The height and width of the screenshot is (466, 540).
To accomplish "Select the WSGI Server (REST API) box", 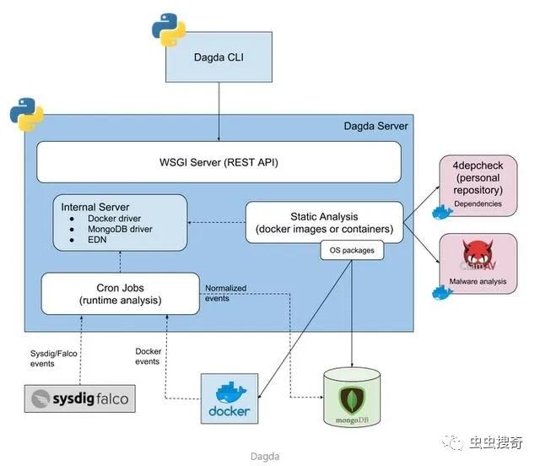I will (219, 161).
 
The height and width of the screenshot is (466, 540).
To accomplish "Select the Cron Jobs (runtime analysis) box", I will (121, 294).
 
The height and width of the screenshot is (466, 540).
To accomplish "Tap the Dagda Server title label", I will (375, 126).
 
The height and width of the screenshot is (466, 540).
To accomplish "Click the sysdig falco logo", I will (79, 398).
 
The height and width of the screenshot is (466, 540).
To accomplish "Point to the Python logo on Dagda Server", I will (26, 117).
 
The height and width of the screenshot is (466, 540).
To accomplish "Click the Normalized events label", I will (226, 293).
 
